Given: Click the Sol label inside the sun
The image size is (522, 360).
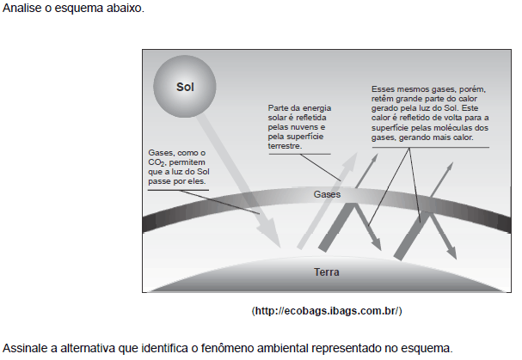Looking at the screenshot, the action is coord(185,87).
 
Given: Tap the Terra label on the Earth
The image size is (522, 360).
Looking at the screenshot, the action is coord(327,272).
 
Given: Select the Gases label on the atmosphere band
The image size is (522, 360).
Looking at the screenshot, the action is coord(327,194).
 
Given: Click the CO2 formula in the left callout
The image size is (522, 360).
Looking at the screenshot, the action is coord(157,162).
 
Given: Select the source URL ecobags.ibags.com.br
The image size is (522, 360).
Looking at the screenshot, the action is coord(327,311).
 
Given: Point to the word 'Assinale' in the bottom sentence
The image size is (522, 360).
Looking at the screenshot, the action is coord(25,348).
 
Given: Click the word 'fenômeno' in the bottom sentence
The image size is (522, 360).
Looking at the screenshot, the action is coord(227,348).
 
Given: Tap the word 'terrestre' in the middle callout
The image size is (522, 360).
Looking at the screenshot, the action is coord(285,146).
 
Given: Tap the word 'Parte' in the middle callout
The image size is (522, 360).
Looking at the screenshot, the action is coord(278,108).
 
